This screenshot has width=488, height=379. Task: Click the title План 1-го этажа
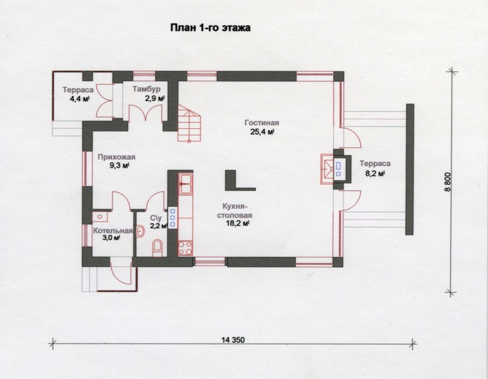point(211,28)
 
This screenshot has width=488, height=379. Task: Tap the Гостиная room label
point(262,123)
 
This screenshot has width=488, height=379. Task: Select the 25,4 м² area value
point(262,132)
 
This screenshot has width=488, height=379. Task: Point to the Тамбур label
point(146,89)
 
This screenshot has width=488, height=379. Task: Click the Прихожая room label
point(117,157)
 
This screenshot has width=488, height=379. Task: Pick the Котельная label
point(113,231)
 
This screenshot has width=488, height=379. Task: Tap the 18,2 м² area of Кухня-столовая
point(238,224)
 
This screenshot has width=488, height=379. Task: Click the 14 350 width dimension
point(233,339)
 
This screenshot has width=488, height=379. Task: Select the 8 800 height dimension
point(448,182)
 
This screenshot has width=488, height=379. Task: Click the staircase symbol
point(190,123)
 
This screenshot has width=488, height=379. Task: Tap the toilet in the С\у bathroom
point(158,248)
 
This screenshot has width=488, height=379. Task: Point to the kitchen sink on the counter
point(186,184)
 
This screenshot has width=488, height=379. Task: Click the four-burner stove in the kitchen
point(186,248)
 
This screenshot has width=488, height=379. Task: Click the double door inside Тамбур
point(146,112)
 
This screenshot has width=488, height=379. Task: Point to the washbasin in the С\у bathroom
point(141,231)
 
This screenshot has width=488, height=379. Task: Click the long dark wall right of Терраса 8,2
point(410,169)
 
